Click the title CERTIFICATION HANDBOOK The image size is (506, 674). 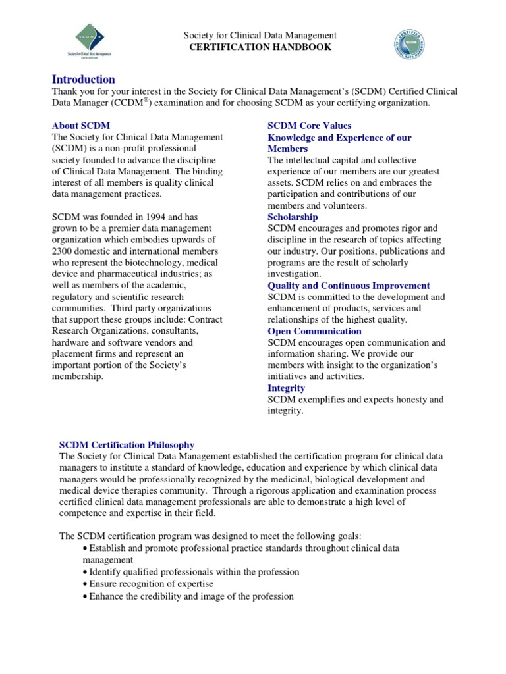[260, 47]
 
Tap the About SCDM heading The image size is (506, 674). [81, 126]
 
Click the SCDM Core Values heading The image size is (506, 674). [309, 126]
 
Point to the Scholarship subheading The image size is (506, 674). [293, 217]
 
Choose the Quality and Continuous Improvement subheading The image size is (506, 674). [349, 286]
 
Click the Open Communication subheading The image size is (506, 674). [314, 331]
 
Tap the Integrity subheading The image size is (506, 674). [286, 388]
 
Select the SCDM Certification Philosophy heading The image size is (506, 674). [127, 445]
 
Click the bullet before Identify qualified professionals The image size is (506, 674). [86, 572]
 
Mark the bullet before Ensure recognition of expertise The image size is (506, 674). [86, 584]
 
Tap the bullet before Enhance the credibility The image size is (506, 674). [86, 596]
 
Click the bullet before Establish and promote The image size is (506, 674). [86, 548]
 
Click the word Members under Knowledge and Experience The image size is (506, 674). [287, 149]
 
